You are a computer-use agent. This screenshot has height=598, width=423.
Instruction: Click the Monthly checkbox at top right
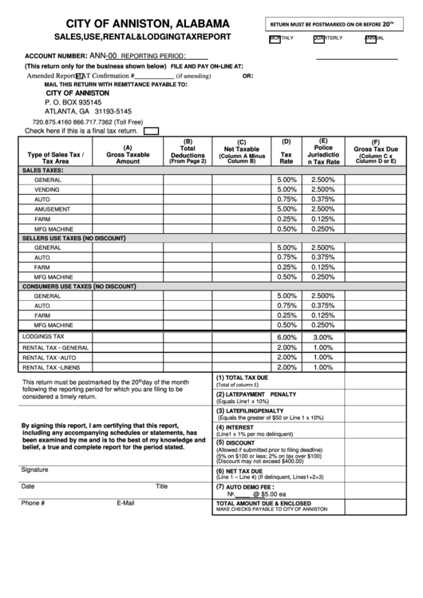275,38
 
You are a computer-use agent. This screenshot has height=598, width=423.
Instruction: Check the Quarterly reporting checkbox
320,38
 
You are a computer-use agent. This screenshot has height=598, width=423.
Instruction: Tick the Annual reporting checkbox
370,38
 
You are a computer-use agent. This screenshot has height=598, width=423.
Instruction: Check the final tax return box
150,131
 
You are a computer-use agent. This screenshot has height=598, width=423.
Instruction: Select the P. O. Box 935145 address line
73,102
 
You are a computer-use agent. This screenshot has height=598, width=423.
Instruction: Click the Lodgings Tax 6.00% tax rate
286,337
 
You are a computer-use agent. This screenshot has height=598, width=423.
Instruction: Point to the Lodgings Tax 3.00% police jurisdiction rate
323,337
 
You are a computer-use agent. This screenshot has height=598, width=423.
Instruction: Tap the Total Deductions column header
188,152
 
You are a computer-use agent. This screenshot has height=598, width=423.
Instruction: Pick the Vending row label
47,189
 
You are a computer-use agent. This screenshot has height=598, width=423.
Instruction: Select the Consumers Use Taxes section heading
78,286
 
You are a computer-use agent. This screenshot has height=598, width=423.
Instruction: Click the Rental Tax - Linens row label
51,367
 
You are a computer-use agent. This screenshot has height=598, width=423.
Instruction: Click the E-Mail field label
125,503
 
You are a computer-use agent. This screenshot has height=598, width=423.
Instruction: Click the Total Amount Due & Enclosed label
263,503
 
